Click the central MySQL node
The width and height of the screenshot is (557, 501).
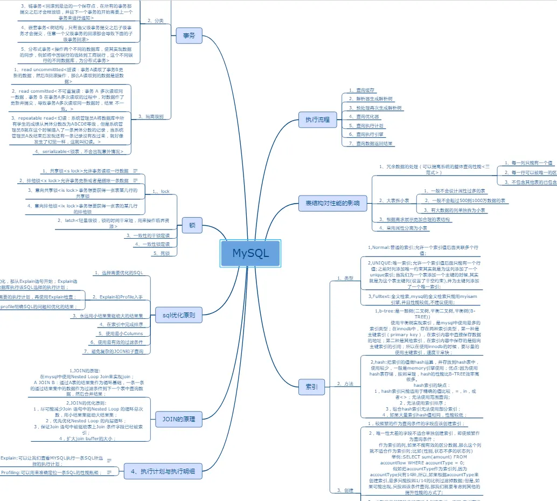click(250, 253)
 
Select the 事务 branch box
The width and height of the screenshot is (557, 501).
click(189, 36)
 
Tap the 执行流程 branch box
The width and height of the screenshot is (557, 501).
click(318, 120)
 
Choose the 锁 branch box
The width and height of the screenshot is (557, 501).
click(192, 225)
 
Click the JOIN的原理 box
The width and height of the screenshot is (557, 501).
click(179, 419)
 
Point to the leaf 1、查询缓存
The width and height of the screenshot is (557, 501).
click(361, 91)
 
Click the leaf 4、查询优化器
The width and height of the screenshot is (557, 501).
click(364, 116)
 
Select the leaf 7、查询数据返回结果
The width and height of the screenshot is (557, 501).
click(371, 144)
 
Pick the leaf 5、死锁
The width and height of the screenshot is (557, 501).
click(162, 253)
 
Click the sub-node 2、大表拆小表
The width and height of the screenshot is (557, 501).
click(394, 200)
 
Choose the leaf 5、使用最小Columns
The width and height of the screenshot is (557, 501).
click(124, 333)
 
